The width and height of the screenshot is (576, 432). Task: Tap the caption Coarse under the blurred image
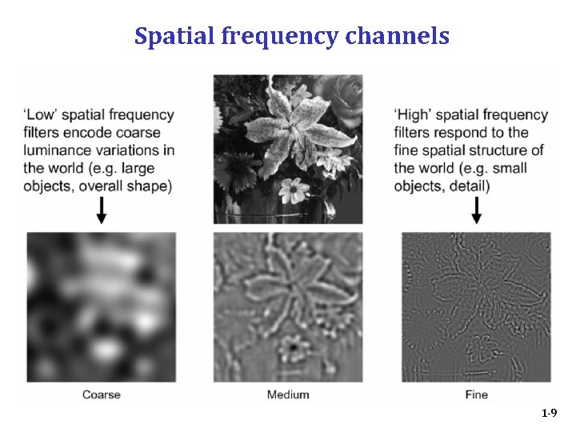coord(102,394)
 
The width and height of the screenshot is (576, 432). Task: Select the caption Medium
coord(288,394)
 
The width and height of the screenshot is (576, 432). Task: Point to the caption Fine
coord(476,394)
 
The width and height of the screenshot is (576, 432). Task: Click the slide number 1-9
coord(549,414)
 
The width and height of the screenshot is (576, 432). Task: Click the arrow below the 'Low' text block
coord(101,210)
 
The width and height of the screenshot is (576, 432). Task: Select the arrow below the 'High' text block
coord(477,210)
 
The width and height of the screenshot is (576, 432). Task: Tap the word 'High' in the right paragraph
coord(413,115)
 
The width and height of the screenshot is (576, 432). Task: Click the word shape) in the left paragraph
coord(151,186)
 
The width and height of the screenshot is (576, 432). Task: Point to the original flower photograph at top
coord(288,149)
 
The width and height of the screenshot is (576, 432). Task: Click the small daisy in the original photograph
coord(294,189)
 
